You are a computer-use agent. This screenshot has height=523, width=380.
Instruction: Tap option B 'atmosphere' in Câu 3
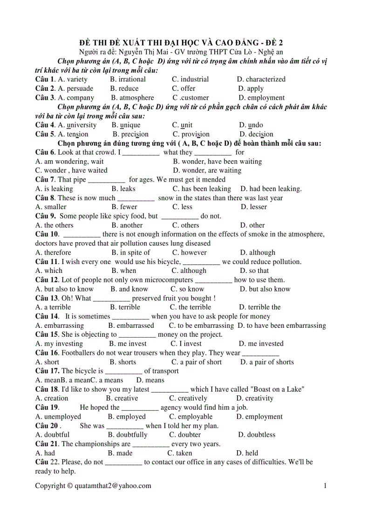click(x=132, y=98)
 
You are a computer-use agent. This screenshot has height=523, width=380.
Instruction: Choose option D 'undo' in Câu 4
click(x=251, y=125)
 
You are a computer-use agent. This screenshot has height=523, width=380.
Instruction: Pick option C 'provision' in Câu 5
click(x=191, y=134)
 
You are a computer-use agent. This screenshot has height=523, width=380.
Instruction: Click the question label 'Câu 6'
click(x=45, y=152)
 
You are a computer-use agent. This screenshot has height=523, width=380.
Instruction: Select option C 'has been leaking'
click(x=202, y=189)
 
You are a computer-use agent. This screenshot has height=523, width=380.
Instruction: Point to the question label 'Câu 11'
click(x=47, y=262)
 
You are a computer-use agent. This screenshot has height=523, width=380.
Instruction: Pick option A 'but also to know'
click(x=64, y=289)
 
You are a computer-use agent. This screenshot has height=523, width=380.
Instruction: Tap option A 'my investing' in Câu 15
click(x=59, y=344)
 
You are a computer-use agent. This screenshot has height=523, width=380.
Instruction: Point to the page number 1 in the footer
click(x=325, y=486)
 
